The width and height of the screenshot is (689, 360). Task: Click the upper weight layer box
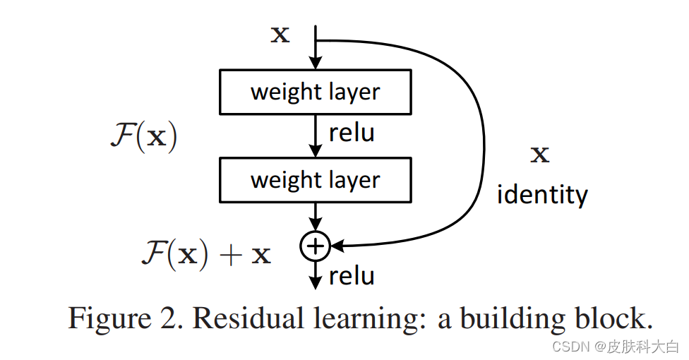coord(316,92)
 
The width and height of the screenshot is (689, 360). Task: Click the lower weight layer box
coord(316,180)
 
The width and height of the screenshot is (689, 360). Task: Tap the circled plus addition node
coord(315,246)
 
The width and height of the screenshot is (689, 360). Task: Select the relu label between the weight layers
coord(352,133)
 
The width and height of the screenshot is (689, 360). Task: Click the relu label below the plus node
coord(352,275)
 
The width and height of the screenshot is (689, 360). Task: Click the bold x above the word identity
coord(540,155)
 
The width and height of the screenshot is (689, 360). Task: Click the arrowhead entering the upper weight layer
coord(316,64)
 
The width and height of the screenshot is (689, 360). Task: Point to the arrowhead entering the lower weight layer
coord(316,152)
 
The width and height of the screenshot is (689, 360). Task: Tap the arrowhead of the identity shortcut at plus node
coord(336,246)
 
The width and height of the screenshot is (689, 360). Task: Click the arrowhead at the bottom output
coord(316,284)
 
